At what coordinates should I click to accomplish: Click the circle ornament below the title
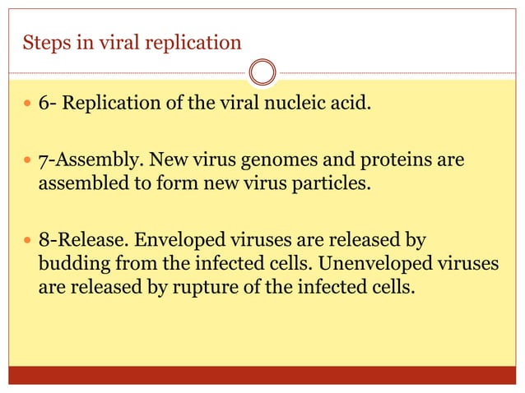coord(262,72)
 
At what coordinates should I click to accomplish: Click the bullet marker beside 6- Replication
coord(27,108)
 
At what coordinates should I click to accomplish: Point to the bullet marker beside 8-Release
coord(27,242)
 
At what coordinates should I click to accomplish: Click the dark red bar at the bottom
coord(262,375)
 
